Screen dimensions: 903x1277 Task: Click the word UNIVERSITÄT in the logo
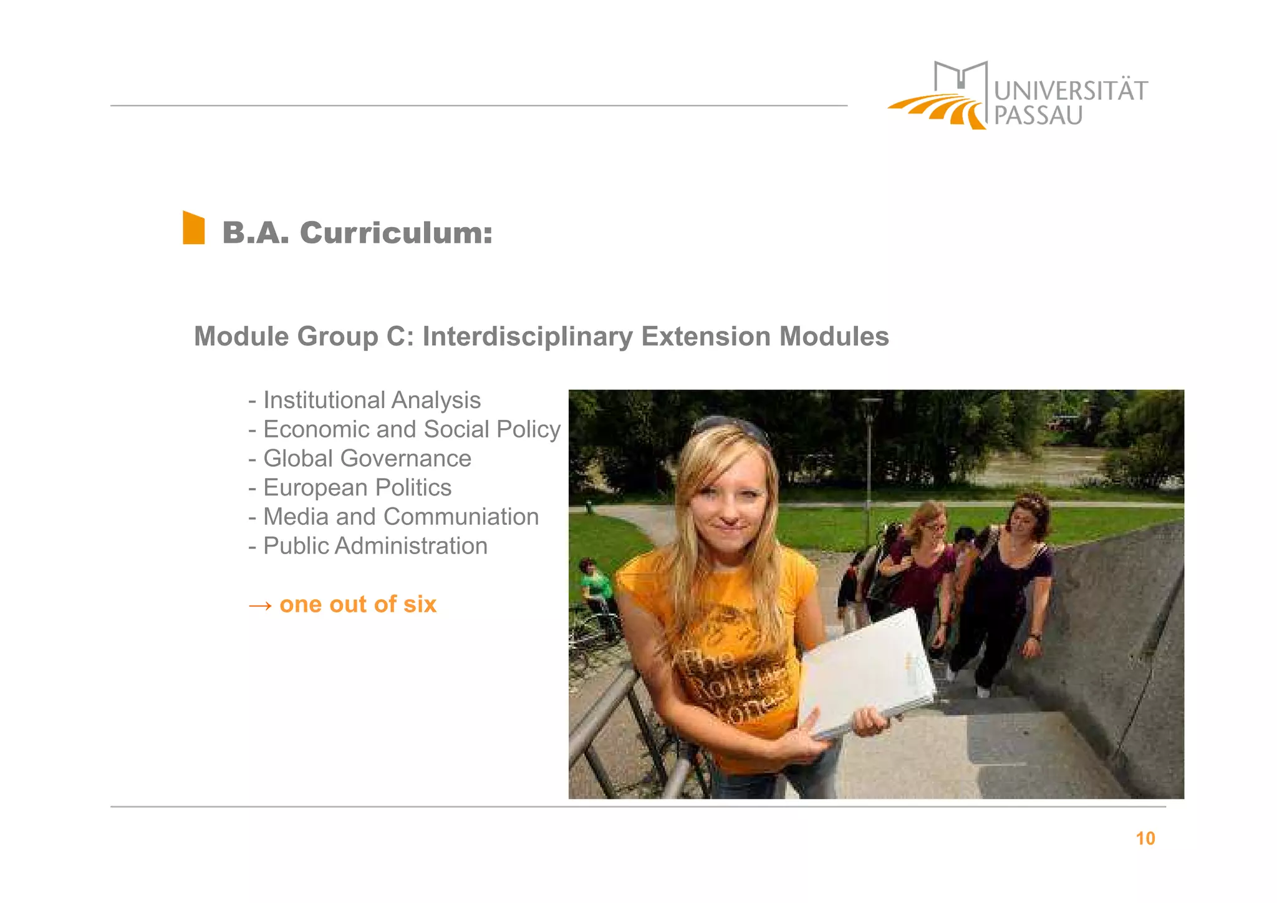pos(1070,91)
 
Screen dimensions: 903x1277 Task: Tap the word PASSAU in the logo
pos(1038,116)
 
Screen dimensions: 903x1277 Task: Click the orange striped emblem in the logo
pos(937,110)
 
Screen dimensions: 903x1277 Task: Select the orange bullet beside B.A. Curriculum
pos(193,228)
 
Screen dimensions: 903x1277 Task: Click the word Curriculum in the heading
pos(396,233)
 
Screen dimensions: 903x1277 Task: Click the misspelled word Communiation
pos(461,517)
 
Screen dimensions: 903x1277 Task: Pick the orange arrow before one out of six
pos(260,605)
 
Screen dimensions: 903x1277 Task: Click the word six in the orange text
pos(420,604)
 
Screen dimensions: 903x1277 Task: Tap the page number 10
pos(1145,838)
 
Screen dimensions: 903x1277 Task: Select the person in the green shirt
pos(595,584)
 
